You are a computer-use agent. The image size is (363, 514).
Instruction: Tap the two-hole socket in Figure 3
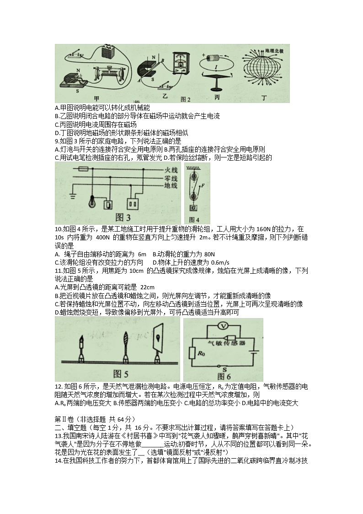tap(134, 202)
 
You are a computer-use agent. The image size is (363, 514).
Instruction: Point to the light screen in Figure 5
tap(157, 339)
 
